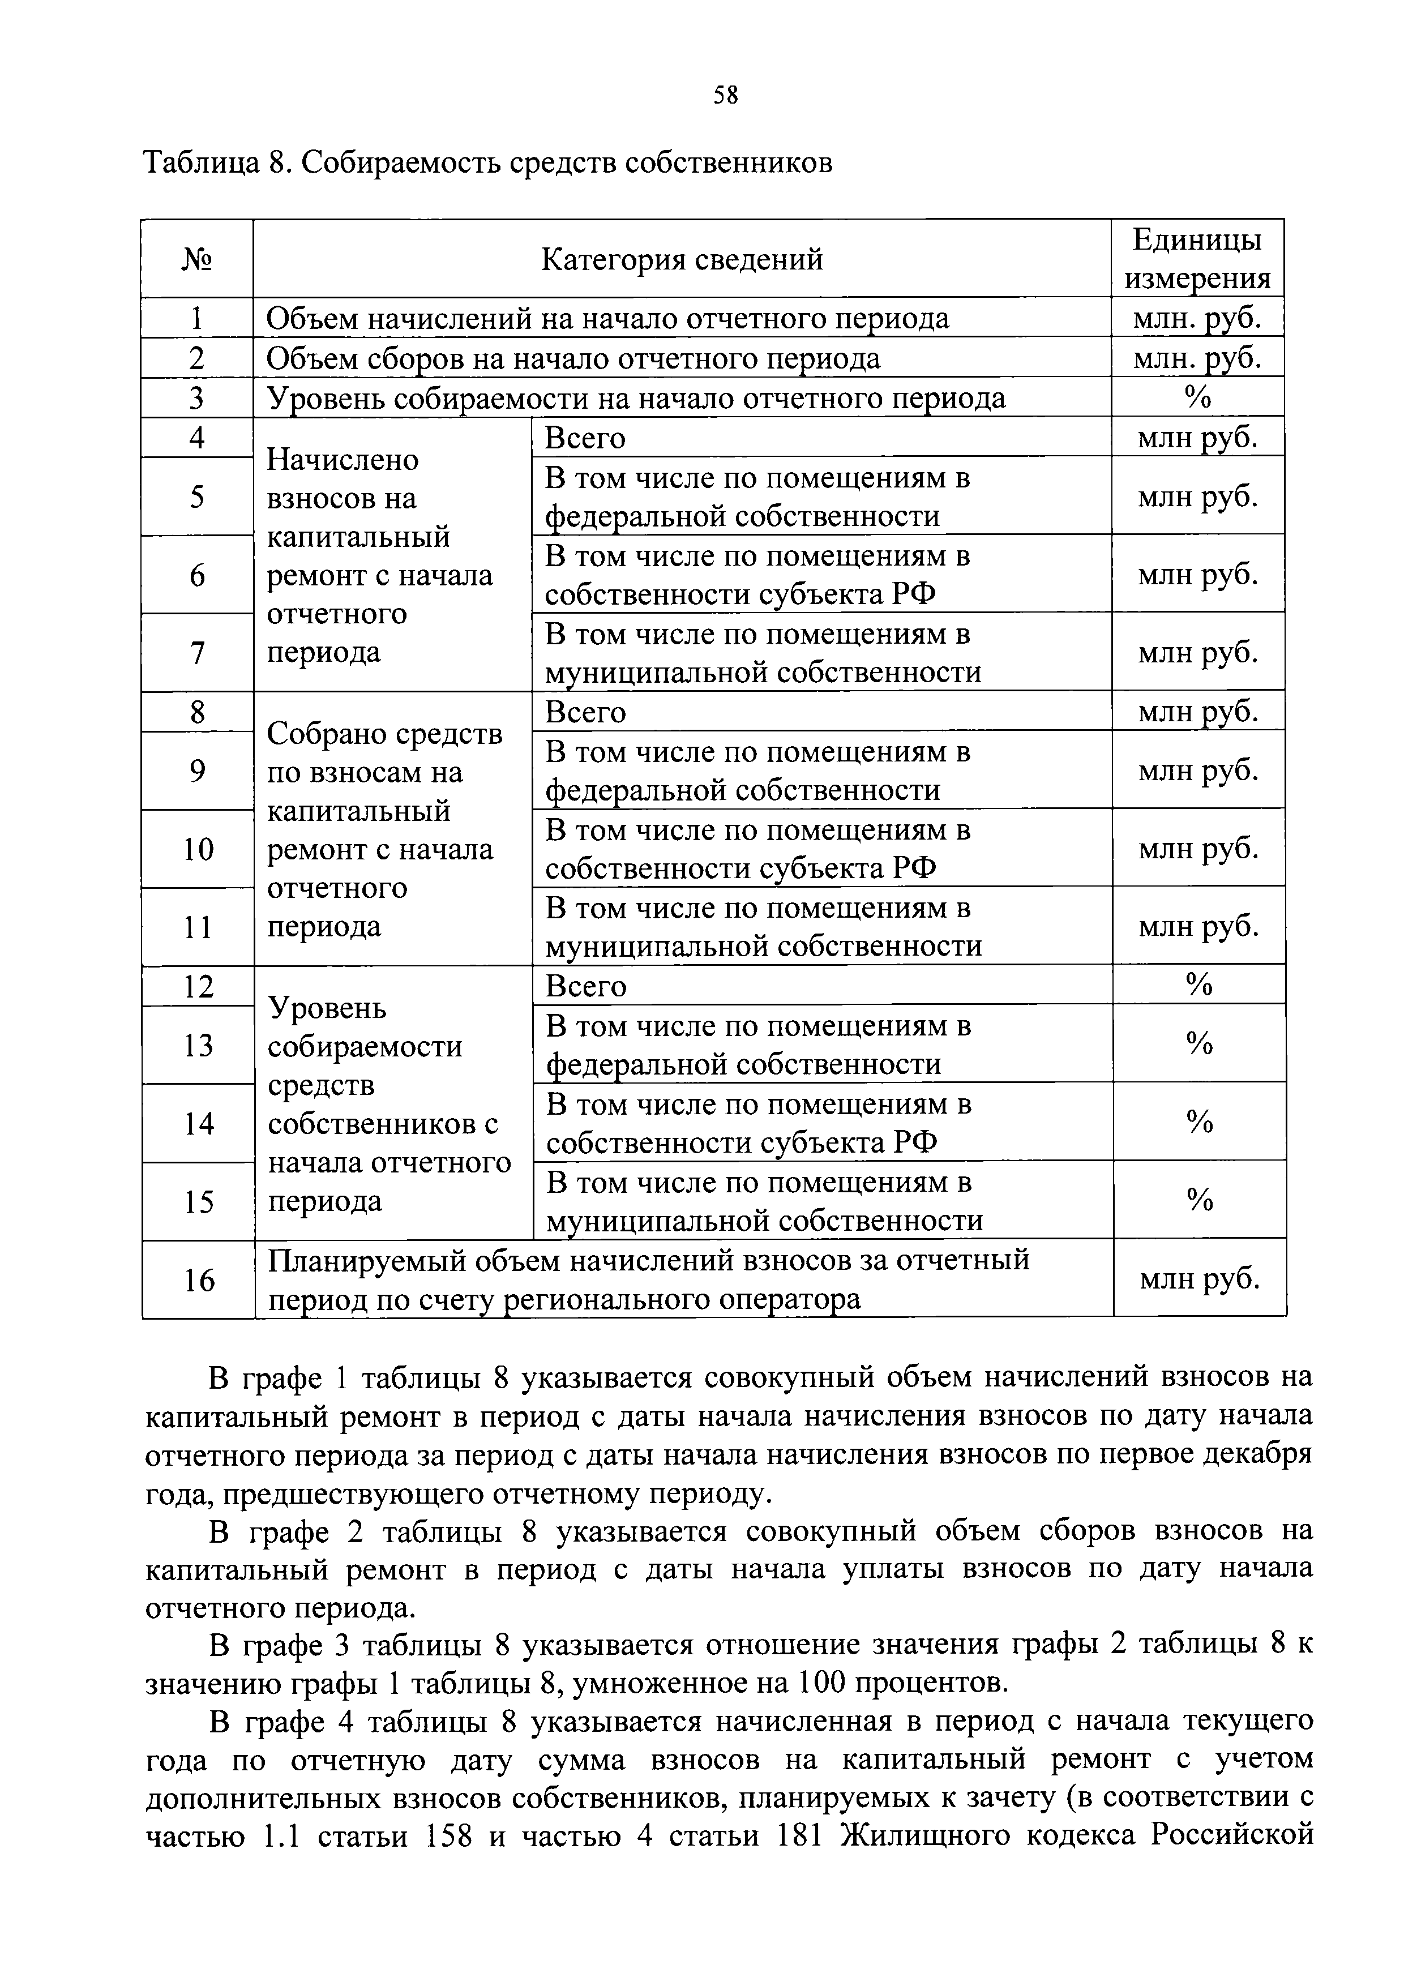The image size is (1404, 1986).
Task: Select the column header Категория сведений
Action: (682, 259)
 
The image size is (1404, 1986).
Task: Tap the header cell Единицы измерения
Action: (1197, 259)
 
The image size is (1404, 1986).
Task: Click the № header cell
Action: (197, 259)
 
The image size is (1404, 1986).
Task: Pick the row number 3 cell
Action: (197, 398)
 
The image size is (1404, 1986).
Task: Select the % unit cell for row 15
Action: (1199, 1200)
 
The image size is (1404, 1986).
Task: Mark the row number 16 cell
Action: (198, 1280)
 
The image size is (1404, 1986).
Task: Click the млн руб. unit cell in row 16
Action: (1199, 1278)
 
